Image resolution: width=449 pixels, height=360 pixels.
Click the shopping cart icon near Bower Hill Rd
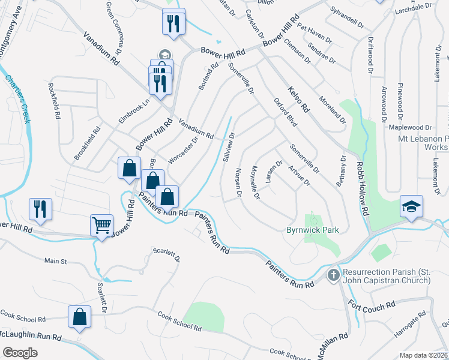[x=101, y=226]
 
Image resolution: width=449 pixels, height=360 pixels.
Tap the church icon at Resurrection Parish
[x=333, y=275]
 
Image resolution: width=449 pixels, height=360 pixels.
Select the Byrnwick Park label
[x=313, y=230]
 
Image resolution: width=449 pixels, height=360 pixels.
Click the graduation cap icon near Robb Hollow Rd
[x=412, y=206]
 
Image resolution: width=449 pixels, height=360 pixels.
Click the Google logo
[x=20, y=352]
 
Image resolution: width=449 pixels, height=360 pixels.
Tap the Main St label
[x=55, y=261]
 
